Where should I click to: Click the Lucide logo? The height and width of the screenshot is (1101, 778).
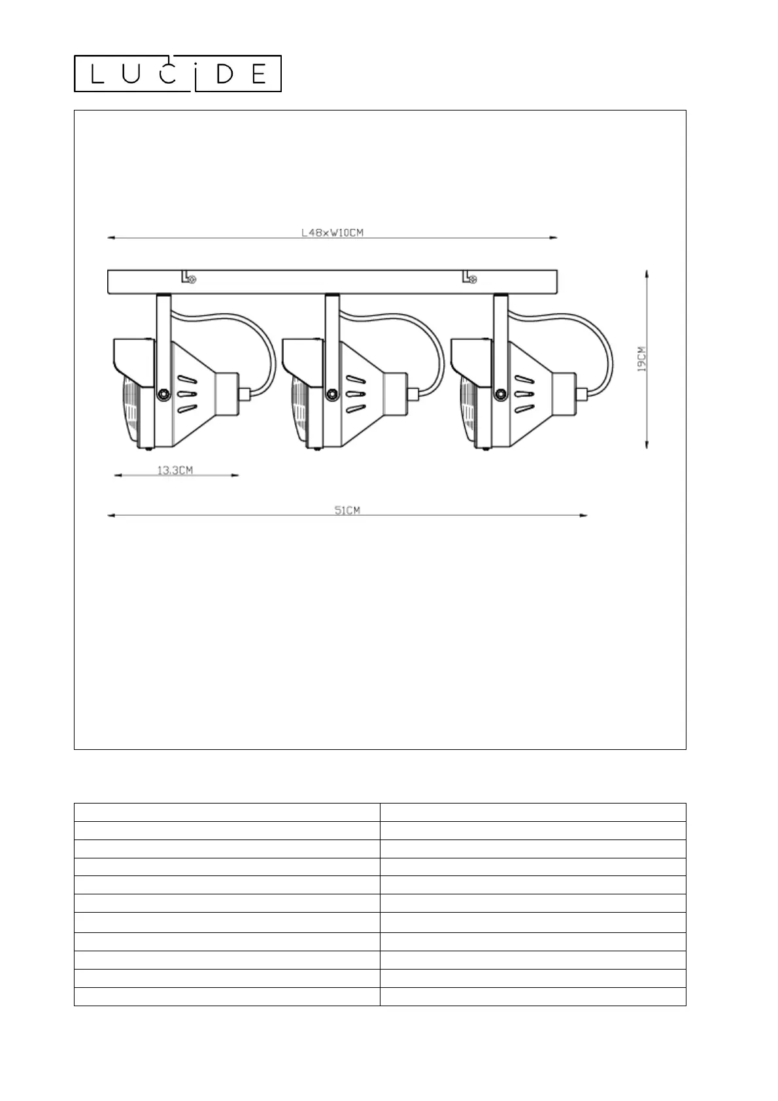pos(177,74)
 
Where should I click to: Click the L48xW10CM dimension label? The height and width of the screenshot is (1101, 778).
pos(332,233)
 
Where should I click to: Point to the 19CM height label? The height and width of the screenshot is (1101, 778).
pos(642,359)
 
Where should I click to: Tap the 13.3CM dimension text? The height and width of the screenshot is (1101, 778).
pos(175,470)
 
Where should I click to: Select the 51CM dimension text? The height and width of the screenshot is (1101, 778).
pos(347,510)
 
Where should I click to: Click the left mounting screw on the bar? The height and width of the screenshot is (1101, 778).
pos(192,280)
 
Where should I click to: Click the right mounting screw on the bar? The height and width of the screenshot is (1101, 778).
pos(473,280)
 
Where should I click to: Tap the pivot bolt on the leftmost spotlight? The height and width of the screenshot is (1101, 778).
pos(163,394)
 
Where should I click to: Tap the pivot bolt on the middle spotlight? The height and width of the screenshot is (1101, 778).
pos(331,394)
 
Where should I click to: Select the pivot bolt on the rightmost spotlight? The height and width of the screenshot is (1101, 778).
pos(500,394)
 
